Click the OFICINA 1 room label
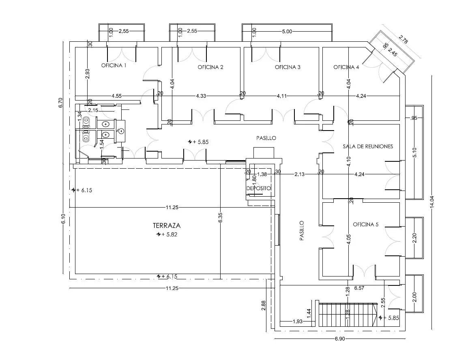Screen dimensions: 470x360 point(114,65)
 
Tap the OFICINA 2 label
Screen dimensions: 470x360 point(210,67)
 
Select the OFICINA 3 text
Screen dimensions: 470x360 point(288,67)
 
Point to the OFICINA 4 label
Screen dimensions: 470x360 point(346,67)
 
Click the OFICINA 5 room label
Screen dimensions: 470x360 point(366,225)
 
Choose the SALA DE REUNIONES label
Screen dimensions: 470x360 point(368,146)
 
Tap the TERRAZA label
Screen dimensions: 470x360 point(167,225)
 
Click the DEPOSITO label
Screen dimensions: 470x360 point(259,188)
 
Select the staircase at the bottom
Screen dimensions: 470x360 point(348,314)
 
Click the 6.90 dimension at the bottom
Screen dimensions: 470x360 point(339,339)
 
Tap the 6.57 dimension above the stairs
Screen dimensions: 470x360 point(359,288)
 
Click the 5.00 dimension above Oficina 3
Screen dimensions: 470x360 point(287,31)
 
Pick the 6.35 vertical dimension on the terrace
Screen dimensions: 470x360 point(220,217)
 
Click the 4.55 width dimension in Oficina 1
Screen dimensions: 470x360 point(117,96)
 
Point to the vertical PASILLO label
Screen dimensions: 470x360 point(302,231)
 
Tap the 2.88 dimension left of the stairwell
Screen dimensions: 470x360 point(264,305)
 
